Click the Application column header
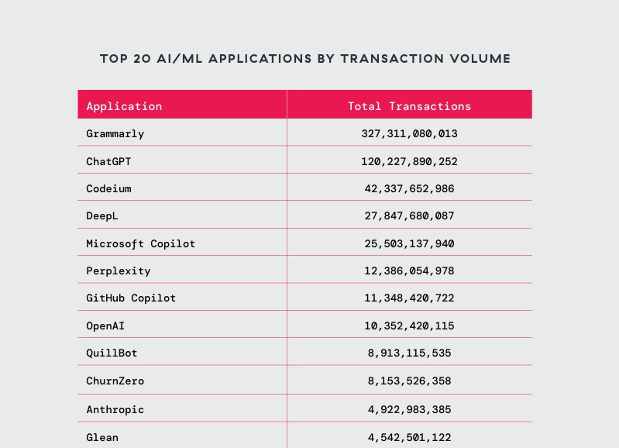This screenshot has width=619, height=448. pos(124,106)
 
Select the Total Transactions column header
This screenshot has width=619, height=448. pos(409,106)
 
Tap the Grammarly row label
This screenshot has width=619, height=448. pos(115,134)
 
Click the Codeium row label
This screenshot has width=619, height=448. pos(108,189)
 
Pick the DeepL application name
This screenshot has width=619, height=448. pos(102,216)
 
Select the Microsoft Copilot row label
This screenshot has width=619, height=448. pos(141,244)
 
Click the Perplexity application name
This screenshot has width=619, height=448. pos(119,271)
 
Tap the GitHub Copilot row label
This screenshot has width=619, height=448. pos(131,298)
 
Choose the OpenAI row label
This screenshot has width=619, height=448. pos(105,326)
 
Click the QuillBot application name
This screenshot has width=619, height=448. pos(112,353)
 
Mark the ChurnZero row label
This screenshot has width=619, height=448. pos(115,381)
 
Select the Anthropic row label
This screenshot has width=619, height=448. pos(115,409)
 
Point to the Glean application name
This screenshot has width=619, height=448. pos(102,437)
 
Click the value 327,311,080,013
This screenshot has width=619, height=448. pos(409,134)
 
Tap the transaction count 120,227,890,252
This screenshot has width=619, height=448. pos(409,161)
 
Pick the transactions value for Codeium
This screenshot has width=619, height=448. pos(409,189)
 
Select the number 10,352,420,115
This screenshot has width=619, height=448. pos(409,326)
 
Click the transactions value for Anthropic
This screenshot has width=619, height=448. pos(409,409)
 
